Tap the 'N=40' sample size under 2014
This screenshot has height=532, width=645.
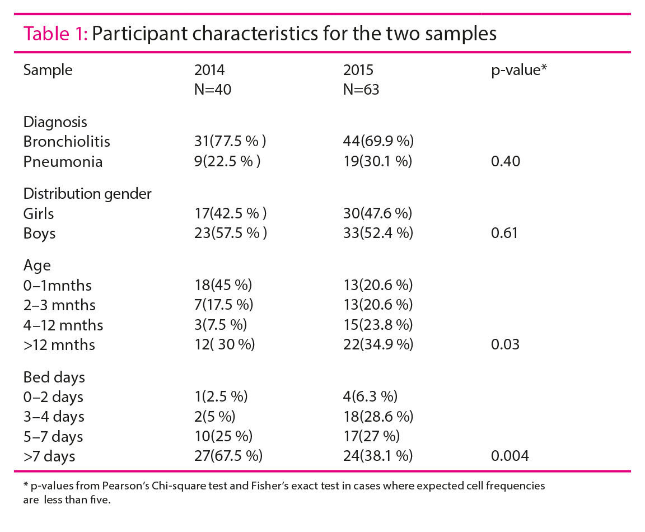tap(213, 90)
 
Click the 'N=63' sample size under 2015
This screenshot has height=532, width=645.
tap(361, 90)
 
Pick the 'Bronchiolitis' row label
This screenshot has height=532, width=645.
tap(67, 141)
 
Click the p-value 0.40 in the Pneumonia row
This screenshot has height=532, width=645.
tap(505, 161)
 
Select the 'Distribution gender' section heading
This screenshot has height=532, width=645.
tap(87, 193)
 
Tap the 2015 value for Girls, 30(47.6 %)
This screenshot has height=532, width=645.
tap(378, 213)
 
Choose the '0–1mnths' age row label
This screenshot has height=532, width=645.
tap(57, 285)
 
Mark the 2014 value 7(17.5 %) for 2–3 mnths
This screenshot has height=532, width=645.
tap(223, 305)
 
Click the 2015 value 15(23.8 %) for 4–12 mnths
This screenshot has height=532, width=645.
tap(378, 325)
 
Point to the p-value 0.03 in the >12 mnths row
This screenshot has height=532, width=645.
tap(505, 344)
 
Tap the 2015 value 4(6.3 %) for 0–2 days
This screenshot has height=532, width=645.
tap(370, 396)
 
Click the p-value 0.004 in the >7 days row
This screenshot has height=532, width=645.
tap(509, 456)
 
